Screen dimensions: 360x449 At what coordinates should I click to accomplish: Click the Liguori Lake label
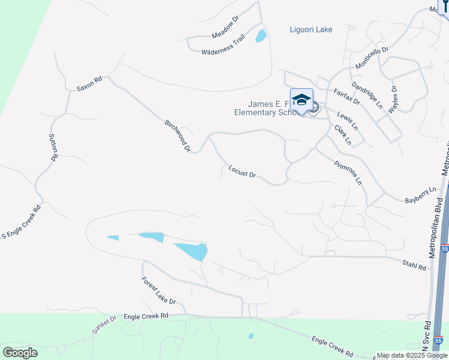pos(311,29)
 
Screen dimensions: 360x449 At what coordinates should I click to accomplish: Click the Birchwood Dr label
pos(178,136)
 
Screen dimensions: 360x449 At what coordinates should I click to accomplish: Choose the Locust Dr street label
pos(243,172)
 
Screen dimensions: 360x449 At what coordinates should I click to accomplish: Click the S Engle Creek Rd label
pos(21,222)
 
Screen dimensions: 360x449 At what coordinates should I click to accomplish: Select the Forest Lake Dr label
pos(158,290)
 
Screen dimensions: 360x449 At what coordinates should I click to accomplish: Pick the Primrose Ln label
pos(349,173)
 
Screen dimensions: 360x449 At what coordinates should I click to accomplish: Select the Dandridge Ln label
pos(367,94)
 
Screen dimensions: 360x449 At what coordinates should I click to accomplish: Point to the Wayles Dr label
pos(394,100)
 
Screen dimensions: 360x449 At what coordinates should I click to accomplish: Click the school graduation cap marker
pos(301,100)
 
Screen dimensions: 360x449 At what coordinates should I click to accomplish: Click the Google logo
pos(20,353)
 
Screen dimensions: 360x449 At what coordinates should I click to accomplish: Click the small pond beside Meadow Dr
pos(261,35)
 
